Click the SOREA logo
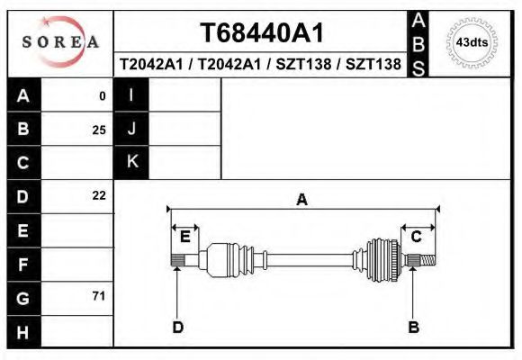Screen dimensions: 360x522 tap(60, 42)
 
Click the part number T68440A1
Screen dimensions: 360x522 tap(261, 33)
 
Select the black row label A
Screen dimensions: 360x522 tap(23, 95)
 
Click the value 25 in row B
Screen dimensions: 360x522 tap(99, 130)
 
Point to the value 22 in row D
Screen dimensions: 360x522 tap(99, 195)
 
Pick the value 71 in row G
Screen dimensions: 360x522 tap(99, 296)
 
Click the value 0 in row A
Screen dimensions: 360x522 tap(103, 95)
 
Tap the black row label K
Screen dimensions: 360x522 tap(131, 162)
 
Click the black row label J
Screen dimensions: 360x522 tap(131, 129)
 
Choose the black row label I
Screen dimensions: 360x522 tap(131, 95)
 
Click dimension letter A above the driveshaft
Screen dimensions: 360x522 tap(302, 200)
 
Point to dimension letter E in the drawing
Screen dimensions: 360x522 tap(184, 237)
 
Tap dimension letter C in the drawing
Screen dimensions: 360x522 tap(417, 237)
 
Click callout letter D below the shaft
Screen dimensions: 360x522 tap(177, 327)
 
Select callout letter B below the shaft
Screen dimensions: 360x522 tap(413, 327)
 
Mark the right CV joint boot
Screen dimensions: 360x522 tap(382, 259)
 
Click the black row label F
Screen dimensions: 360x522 tap(23, 265)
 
